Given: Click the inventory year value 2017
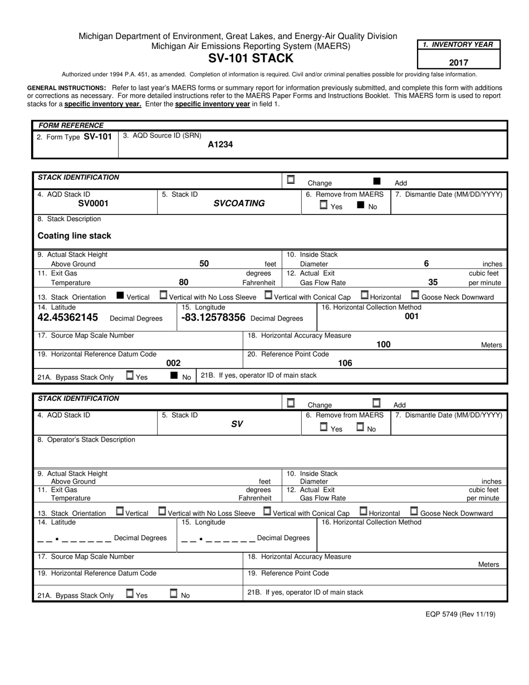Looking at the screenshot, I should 458,63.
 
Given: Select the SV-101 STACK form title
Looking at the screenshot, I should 251,58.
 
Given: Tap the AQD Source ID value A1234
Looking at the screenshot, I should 220,145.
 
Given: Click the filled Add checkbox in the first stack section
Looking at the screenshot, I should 377,181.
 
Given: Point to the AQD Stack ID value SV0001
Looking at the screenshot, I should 93,204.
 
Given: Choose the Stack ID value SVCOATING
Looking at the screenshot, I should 239,204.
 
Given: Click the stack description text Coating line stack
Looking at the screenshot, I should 74,236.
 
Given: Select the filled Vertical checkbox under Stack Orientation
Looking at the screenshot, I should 120,296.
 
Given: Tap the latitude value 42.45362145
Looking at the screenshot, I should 67,317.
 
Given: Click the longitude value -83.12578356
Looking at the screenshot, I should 213,317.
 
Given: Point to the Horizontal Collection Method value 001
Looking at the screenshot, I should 412,316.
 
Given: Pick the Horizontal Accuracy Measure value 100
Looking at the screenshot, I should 383,345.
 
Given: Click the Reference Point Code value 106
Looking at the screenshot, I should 345,363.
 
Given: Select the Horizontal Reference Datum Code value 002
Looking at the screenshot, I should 173,363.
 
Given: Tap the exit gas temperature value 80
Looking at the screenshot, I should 183,282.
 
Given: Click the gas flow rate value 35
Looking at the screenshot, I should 433,282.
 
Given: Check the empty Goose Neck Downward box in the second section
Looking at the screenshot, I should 414,511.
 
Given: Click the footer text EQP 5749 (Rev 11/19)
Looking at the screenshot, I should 460,614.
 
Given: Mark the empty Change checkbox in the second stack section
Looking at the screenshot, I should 291,403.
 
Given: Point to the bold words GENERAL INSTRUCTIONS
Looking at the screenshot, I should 67,88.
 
